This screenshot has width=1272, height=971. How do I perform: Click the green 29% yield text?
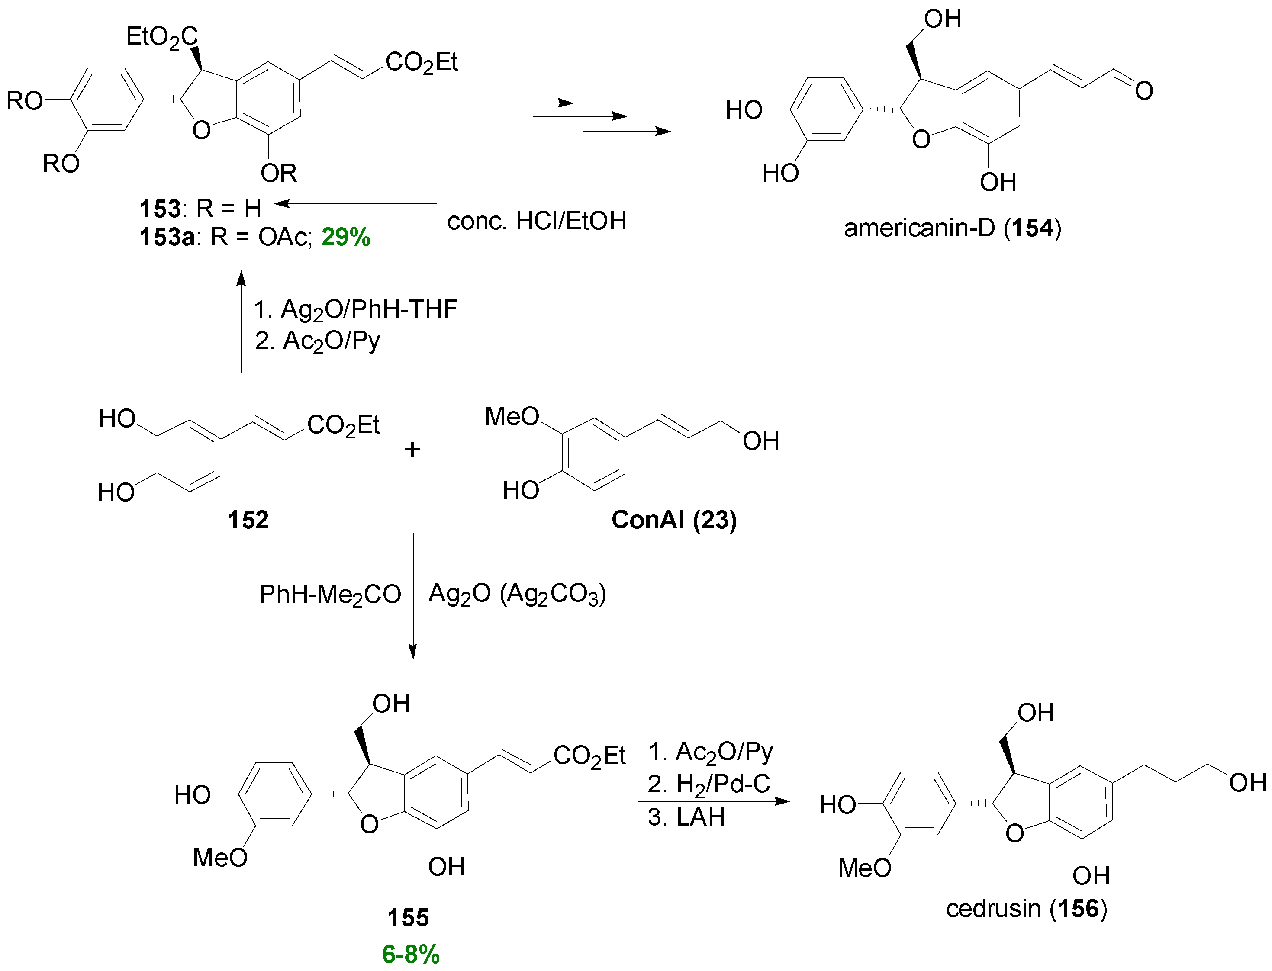point(346,237)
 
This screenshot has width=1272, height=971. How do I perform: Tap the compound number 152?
point(248,520)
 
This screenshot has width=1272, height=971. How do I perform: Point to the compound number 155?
point(408,918)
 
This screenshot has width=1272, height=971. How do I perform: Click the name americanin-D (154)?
point(952,228)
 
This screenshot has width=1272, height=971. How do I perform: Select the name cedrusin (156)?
point(1026,909)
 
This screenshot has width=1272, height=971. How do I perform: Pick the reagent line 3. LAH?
point(686,817)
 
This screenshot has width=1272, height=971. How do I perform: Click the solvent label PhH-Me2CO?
point(329,595)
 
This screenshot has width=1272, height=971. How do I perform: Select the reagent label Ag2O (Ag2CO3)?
point(517,594)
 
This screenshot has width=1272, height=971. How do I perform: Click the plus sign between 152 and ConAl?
point(412,449)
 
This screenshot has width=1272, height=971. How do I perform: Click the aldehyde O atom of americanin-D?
point(1143,91)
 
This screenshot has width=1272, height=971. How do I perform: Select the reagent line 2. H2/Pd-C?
point(709,785)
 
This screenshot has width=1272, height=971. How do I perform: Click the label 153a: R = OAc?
point(225,237)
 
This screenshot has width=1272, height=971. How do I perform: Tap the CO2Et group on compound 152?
point(343,425)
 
